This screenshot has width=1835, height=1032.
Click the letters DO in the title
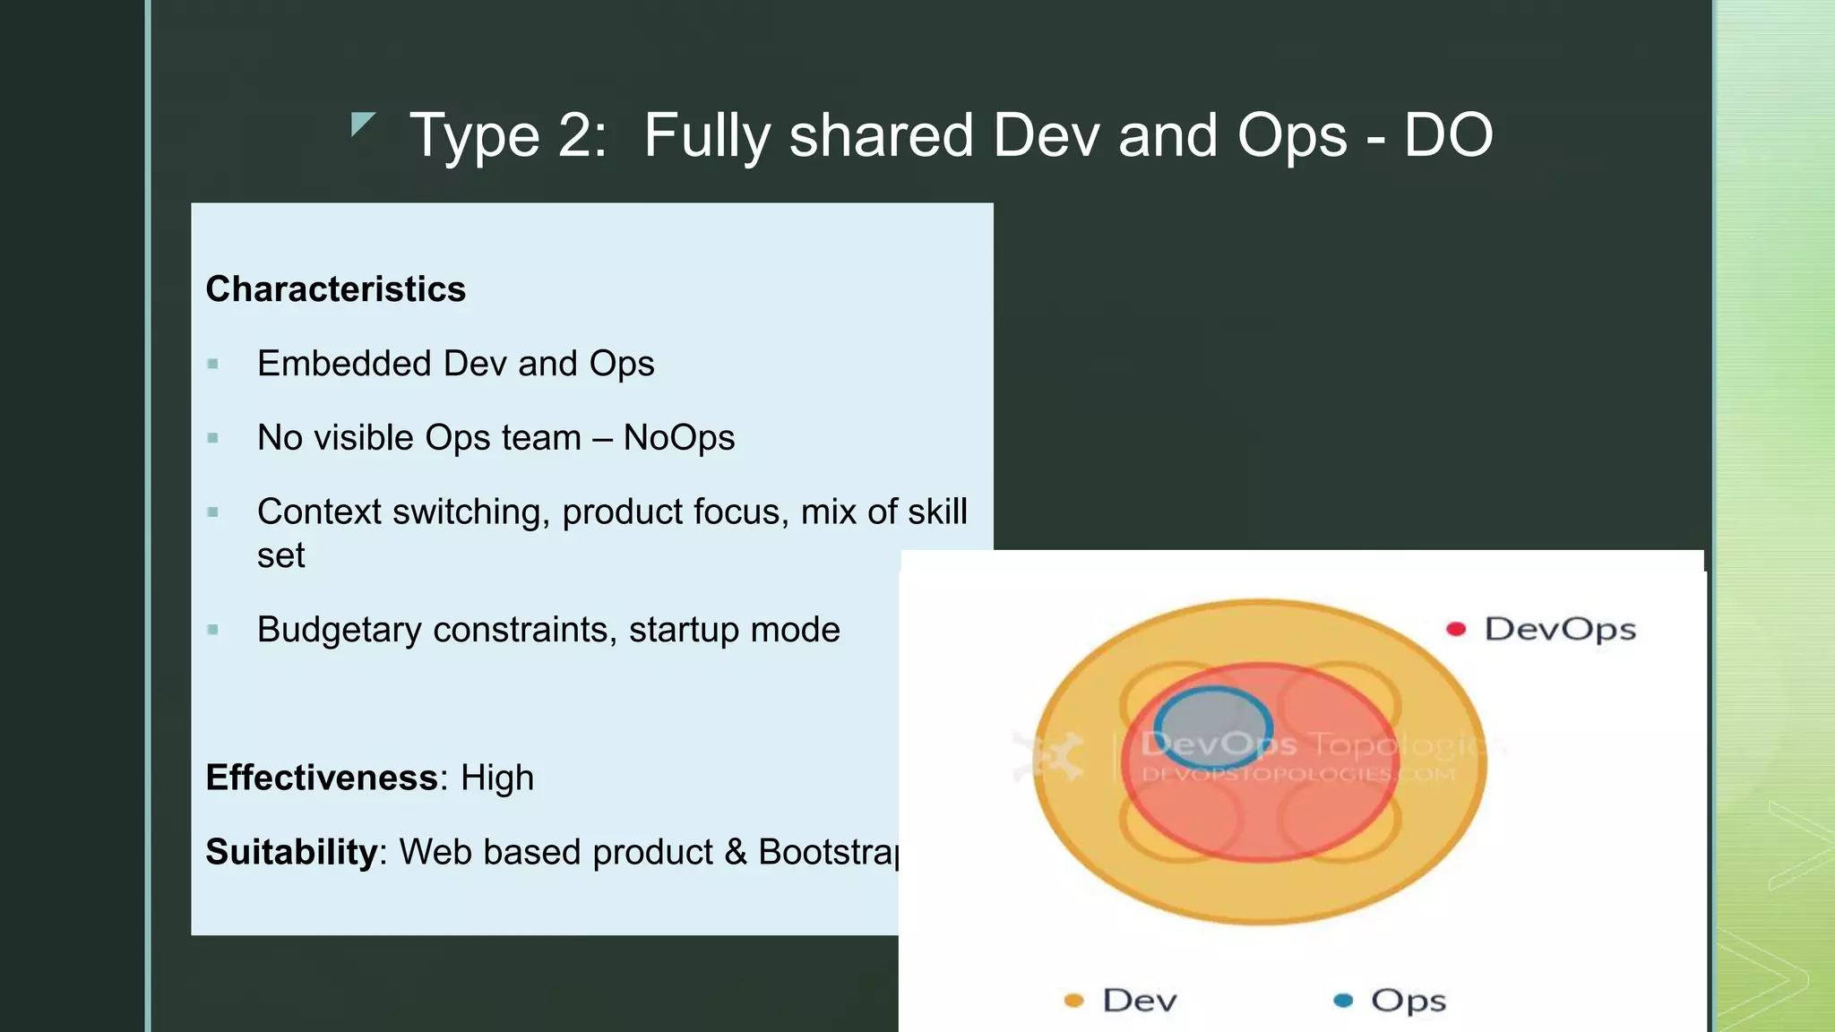pos(1447,136)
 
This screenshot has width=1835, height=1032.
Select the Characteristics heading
pos(335,289)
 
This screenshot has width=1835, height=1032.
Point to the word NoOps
pos(678,438)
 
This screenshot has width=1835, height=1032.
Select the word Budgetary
pos(339,630)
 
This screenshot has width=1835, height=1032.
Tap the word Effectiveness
pos(322,778)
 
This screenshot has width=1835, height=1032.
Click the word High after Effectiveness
pos(496,778)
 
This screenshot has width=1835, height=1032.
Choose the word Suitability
pos(291,852)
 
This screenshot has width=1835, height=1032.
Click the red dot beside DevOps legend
pos(1456,629)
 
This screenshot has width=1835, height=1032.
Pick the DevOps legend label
pos(1560,629)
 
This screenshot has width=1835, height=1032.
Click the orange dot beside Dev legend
pos(1073,1001)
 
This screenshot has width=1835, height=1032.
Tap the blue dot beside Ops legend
pos(1343,1001)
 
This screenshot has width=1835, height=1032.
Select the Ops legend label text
pos(1408,1001)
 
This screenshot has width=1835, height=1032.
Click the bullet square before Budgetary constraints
pos(212,630)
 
